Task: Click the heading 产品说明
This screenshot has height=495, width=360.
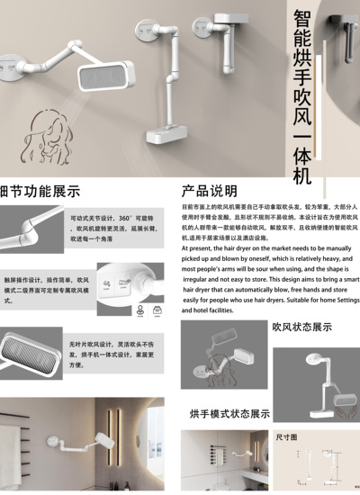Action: [x=209, y=192]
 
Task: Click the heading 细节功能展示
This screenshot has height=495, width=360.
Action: [x=40, y=192]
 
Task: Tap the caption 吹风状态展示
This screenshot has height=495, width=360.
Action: [x=301, y=327]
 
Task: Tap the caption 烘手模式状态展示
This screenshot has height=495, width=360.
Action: [x=229, y=414]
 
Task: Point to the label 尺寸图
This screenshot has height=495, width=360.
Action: [x=286, y=436]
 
